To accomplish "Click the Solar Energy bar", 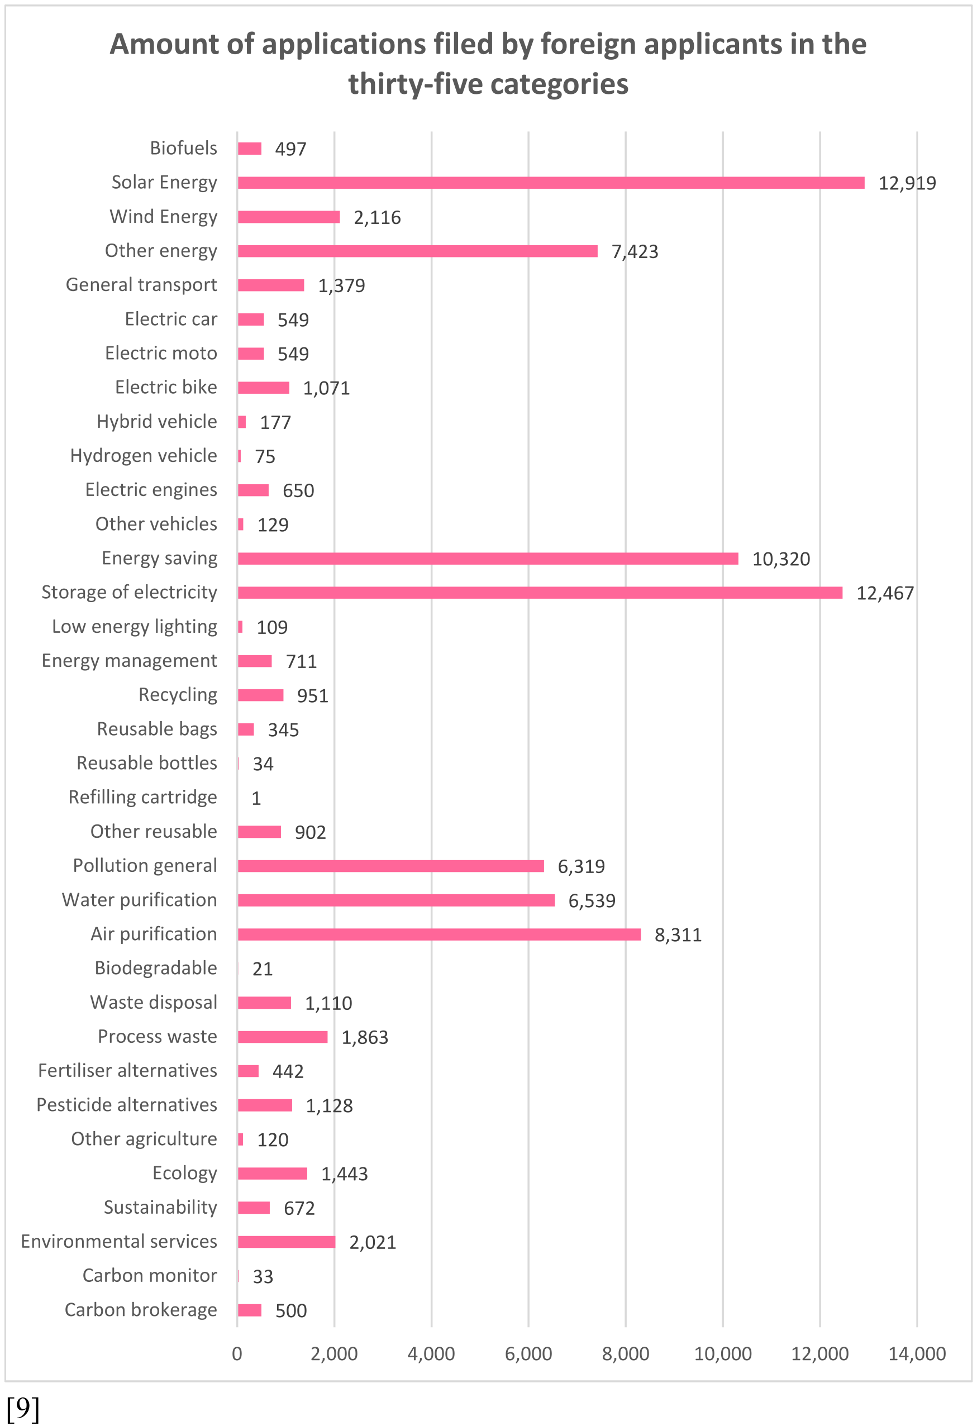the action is tap(551, 182).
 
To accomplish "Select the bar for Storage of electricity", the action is tap(540, 592).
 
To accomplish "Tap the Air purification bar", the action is tap(440, 934).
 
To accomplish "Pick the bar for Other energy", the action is tap(417, 251).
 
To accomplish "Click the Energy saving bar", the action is tap(488, 559).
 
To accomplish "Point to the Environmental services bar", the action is tap(287, 1242).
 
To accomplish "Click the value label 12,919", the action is tap(907, 183).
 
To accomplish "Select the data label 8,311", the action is tap(678, 934).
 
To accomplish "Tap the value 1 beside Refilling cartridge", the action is tap(256, 798).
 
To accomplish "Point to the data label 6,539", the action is tap(592, 901).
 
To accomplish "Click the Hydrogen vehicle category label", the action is tap(144, 455).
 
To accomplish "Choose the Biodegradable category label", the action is tap(156, 967).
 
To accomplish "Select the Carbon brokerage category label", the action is tap(141, 1309).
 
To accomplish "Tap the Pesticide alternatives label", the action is tap(127, 1104).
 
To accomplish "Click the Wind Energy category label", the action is tap(163, 217).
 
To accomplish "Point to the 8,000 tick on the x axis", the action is tap(625, 1353).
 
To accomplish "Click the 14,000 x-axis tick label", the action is tap(917, 1353).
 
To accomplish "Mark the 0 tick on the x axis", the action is tap(237, 1353).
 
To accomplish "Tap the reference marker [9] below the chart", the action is tap(23, 1408).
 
